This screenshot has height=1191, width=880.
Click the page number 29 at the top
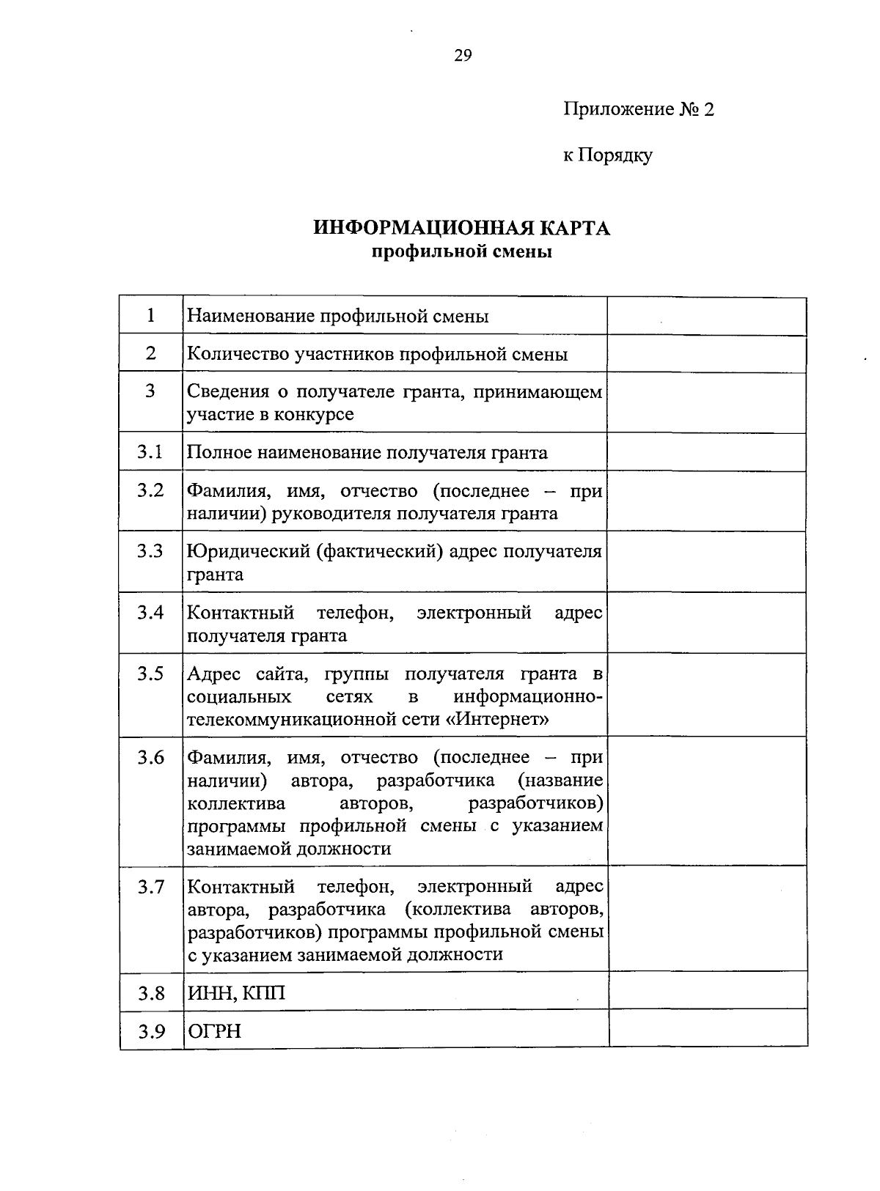click(463, 56)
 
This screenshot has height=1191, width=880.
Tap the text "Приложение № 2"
click(638, 109)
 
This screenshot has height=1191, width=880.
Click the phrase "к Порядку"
click(607, 155)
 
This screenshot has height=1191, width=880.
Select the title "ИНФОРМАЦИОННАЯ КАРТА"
click(462, 228)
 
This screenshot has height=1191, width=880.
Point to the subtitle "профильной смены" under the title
click(462, 253)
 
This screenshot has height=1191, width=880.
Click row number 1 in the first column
click(150, 316)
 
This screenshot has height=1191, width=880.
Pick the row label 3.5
click(150, 674)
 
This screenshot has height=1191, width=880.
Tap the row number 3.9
click(150, 1031)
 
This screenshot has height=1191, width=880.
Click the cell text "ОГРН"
click(214, 1031)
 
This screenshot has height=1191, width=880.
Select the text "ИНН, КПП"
click(236, 993)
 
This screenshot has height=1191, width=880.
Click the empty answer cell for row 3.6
click(707, 801)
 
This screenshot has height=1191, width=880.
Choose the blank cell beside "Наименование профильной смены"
click(707, 316)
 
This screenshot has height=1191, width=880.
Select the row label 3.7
click(150, 887)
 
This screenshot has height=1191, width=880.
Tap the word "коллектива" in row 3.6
click(236, 803)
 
